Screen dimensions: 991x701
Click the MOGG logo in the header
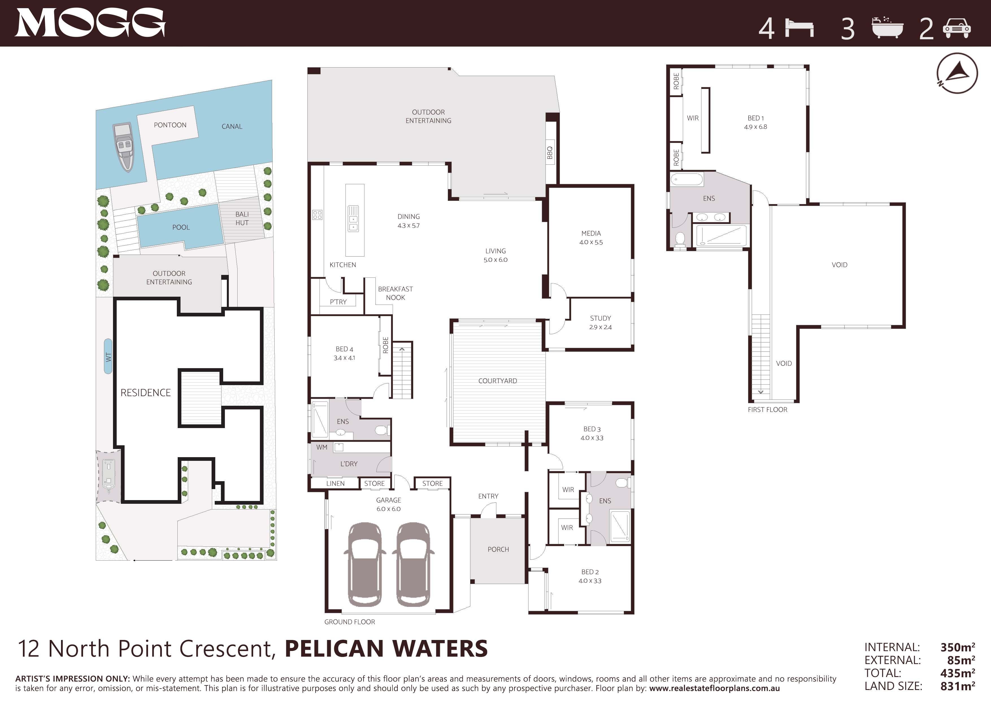90,23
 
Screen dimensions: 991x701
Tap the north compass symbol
957,73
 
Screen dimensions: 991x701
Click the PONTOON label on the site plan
170,125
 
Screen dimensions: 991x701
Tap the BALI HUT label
242,218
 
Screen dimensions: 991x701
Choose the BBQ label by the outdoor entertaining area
550,152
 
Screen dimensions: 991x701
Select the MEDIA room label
591,233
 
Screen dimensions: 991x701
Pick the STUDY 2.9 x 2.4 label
600,322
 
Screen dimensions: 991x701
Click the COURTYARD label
498,381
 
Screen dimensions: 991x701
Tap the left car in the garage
365,564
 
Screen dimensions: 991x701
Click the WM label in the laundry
321,447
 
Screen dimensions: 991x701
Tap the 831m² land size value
957,686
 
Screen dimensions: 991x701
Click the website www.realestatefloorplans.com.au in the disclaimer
714,689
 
